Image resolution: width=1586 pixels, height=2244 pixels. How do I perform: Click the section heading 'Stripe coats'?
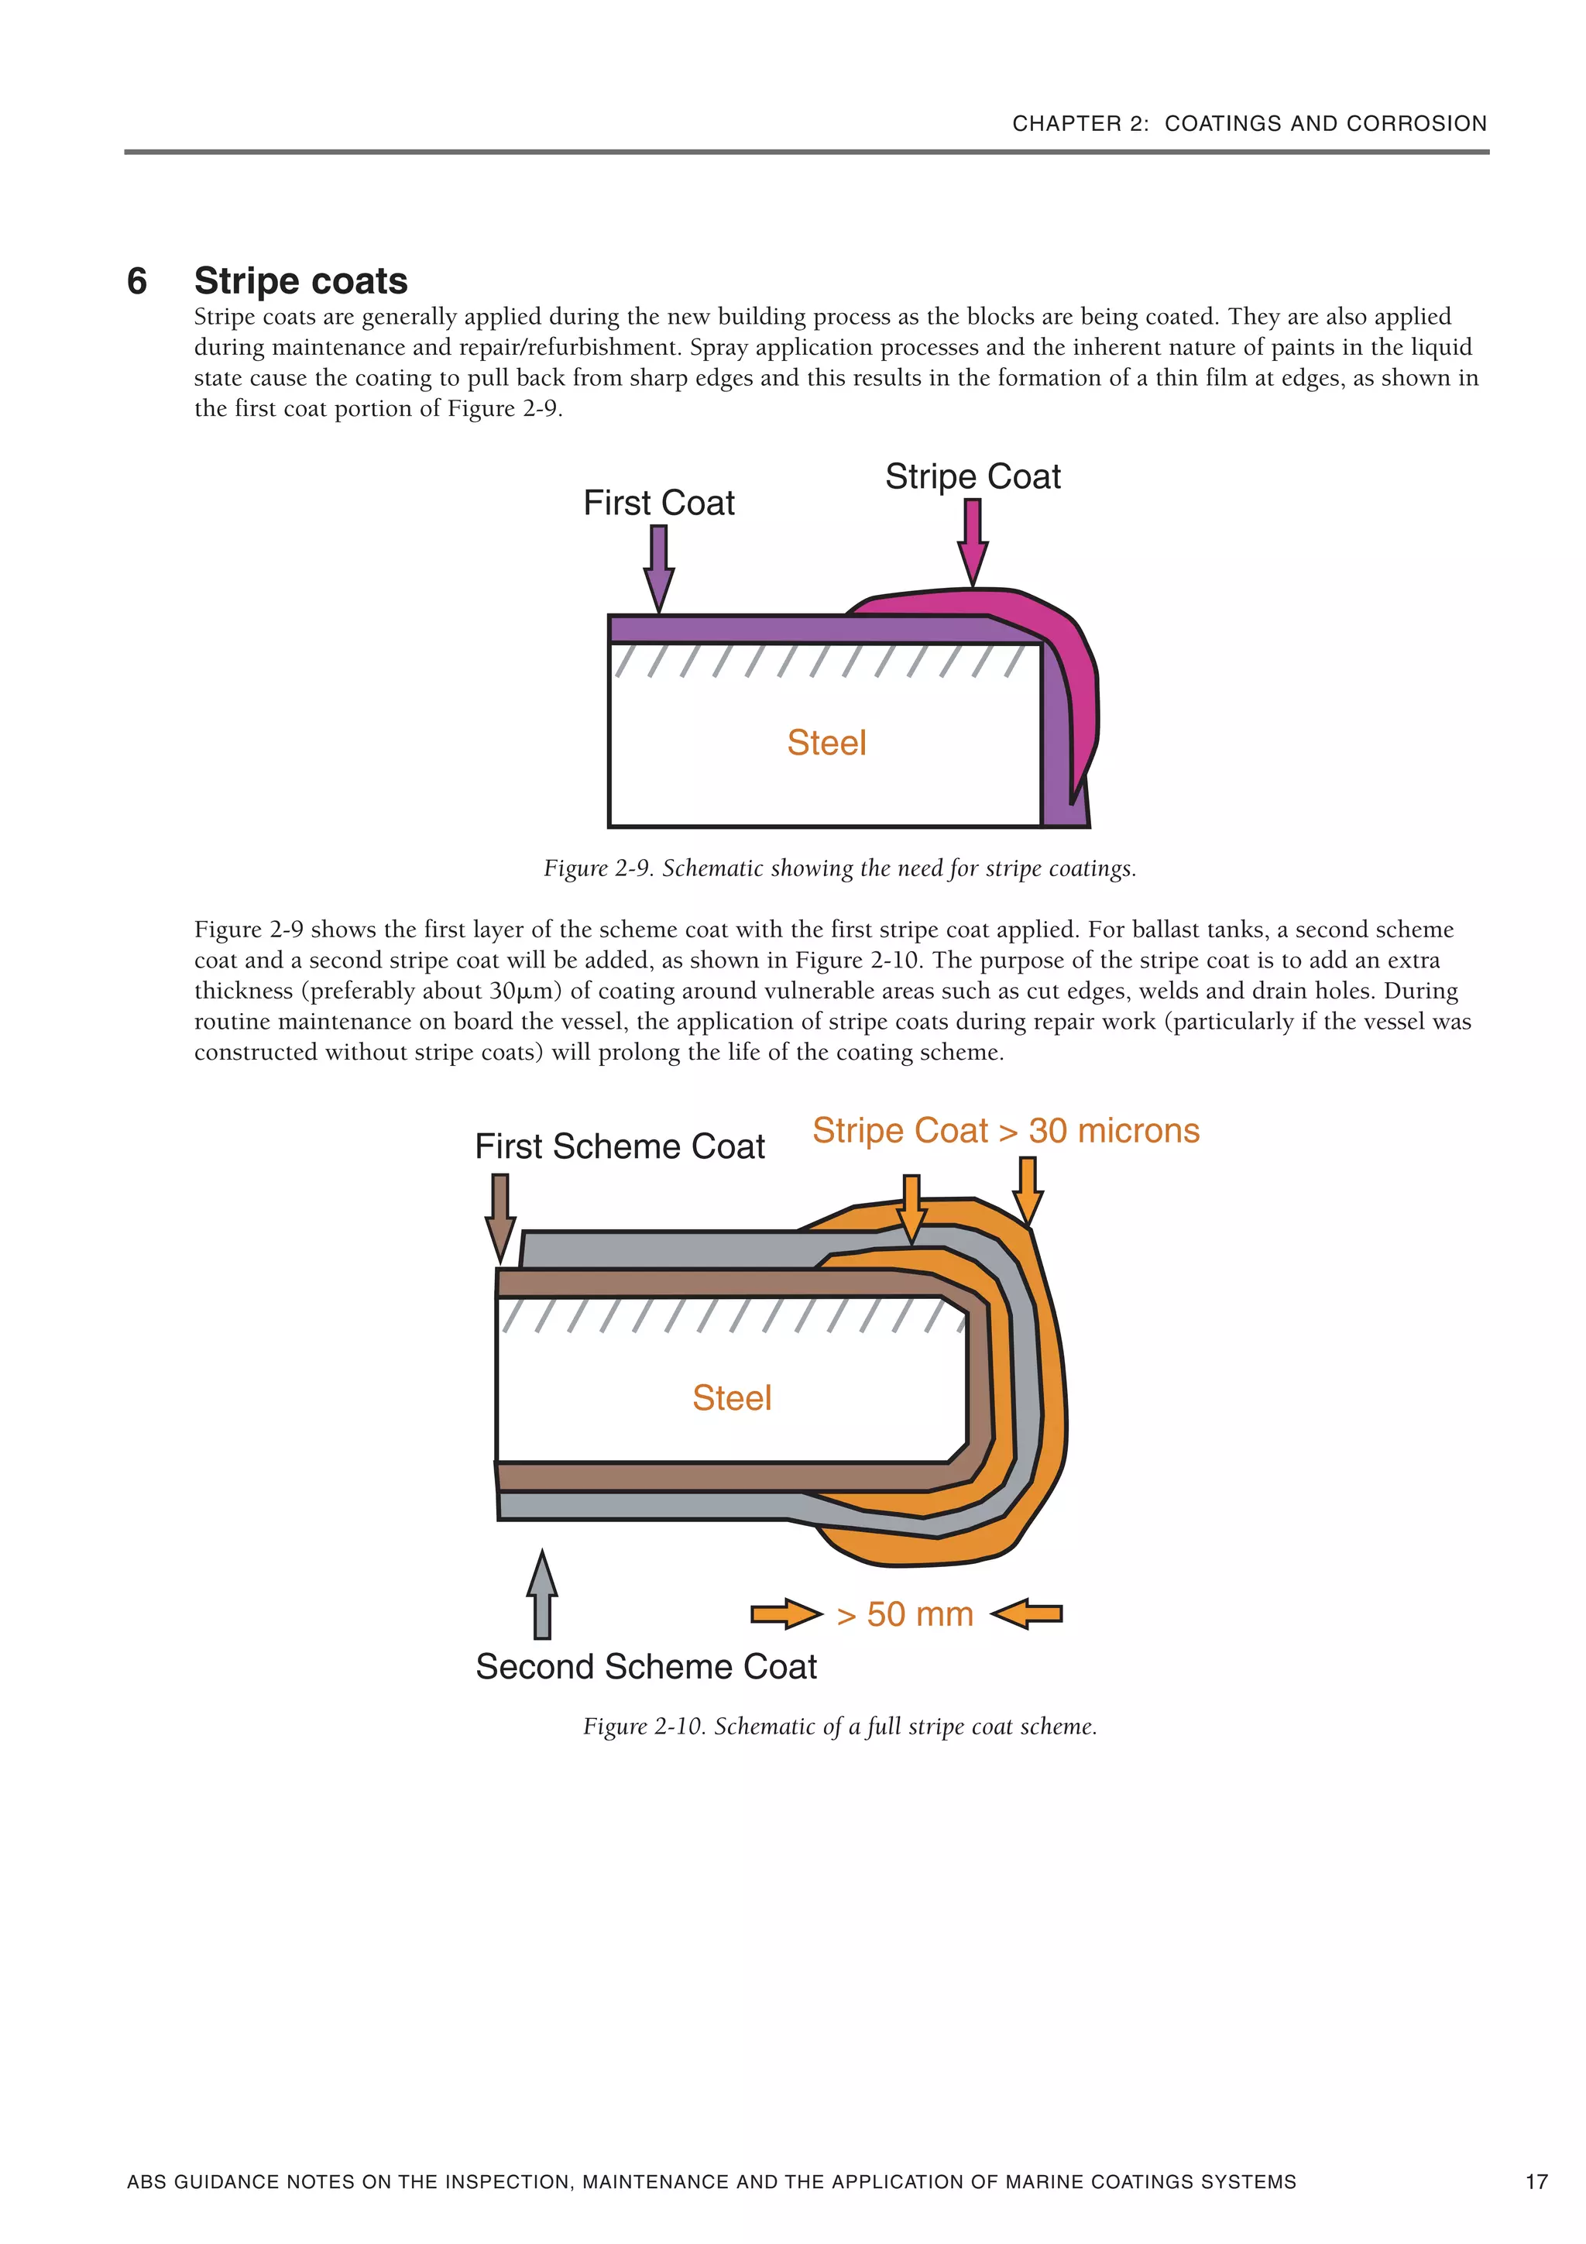(x=301, y=280)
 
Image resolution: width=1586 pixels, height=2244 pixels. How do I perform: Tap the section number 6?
(x=137, y=281)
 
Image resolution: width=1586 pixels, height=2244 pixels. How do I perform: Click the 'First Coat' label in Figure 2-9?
(x=658, y=503)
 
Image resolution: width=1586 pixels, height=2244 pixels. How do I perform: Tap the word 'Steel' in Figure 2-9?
(x=827, y=743)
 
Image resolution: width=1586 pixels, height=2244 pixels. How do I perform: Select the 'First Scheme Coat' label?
(x=620, y=1146)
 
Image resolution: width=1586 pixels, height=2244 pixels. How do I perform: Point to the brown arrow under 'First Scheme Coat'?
(x=500, y=1218)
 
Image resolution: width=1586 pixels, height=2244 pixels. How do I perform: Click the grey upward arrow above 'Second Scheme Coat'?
(x=542, y=1594)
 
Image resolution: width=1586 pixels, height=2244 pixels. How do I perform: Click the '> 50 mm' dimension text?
(x=906, y=1614)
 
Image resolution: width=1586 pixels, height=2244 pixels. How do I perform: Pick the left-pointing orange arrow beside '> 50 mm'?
(x=1027, y=1613)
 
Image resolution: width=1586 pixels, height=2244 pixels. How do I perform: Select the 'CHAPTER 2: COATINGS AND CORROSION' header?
(x=1249, y=123)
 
